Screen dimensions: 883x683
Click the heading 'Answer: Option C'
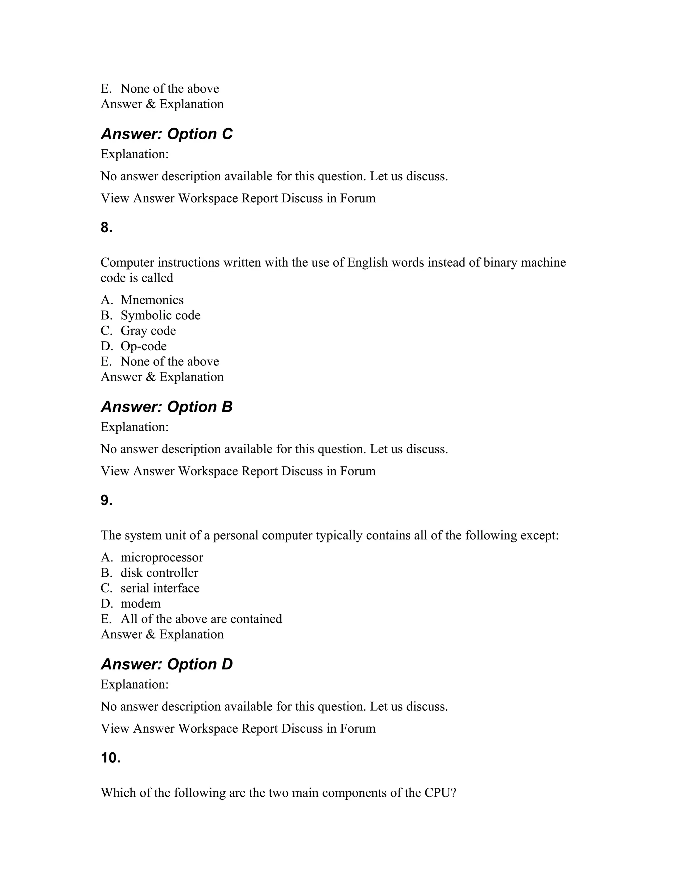pos(166,134)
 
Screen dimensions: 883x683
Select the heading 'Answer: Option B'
pos(166,407)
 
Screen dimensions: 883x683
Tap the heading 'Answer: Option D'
pos(166,664)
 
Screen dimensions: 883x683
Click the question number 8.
pos(106,228)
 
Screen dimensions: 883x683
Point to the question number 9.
pos(106,500)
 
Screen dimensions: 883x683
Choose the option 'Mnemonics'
pos(152,300)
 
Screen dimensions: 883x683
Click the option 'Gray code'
pos(148,331)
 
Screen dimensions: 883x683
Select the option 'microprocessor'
pos(161,557)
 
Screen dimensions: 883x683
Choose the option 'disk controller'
pos(159,573)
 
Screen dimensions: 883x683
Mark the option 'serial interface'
pos(160,588)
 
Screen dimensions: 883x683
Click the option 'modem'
pos(140,604)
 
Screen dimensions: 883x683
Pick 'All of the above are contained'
pos(201,619)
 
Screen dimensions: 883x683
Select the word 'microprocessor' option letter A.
pos(106,557)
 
